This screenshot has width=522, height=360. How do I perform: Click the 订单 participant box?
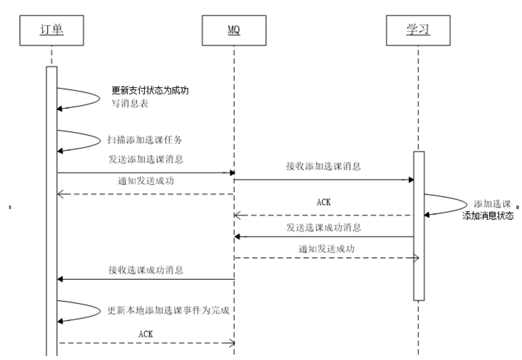pos(51,31)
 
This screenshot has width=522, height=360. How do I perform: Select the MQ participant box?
pos(234,31)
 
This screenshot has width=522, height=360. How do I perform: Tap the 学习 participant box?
pos(418,31)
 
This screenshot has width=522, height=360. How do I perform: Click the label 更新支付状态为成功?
pos(150,91)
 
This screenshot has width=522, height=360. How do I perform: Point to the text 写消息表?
pos(130,103)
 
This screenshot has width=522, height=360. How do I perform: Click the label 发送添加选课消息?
pos(145,159)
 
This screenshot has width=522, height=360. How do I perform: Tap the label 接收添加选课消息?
pos(323,167)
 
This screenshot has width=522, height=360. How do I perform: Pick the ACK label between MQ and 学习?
pos(323,202)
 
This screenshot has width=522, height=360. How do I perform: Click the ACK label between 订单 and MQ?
pos(145,334)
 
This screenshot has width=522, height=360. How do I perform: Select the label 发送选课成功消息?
pos(323,227)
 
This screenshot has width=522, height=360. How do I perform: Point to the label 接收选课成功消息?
pos(145,270)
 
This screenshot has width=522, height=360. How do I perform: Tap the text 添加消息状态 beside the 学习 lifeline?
pos(488,216)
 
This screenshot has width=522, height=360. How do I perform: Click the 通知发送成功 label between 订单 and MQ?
pos(145,181)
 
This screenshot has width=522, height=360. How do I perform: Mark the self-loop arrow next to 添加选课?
pos(451,205)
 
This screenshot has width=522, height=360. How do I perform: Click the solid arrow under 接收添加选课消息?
pos(323,179)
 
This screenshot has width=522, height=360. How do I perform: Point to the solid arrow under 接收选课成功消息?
pos(145,279)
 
